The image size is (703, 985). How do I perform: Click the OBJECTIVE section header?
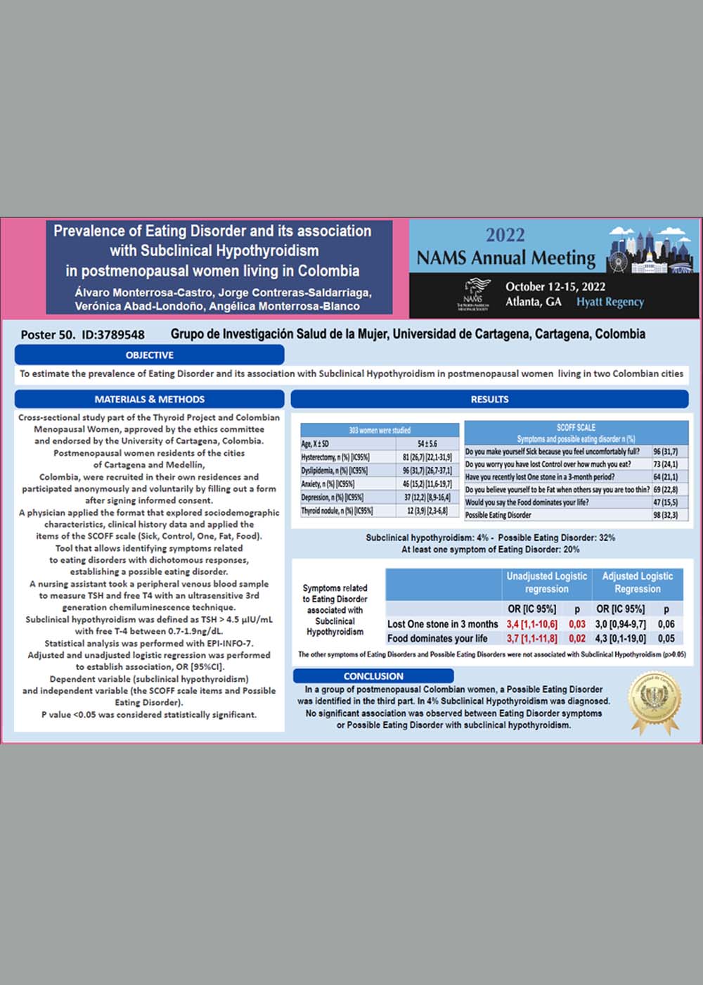click(x=149, y=355)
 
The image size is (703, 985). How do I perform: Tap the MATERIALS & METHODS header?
click(x=149, y=399)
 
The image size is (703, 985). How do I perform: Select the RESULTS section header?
click(x=489, y=399)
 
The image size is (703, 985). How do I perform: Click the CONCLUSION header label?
click(x=373, y=676)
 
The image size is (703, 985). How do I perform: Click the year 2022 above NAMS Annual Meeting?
click(x=505, y=235)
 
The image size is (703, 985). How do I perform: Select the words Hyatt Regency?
click(x=610, y=302)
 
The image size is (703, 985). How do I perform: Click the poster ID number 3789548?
click(x=113, y=335)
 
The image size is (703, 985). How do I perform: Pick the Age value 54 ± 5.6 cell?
click(x=427, y=444)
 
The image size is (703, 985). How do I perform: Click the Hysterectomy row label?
click(x=335, y=457)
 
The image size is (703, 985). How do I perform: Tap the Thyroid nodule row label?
click(x=337, y=511)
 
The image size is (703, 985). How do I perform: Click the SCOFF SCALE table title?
click(x=576, y=427)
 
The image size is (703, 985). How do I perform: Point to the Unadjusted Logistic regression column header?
click(x=547, y=583)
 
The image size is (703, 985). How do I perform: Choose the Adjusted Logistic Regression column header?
click(x=637, y=583)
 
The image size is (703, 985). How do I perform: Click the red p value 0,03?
click(x=577, y=624)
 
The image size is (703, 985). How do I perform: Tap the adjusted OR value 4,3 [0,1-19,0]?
click(x=621, y=639)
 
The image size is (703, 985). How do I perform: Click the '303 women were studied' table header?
click(x=380, y=430)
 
